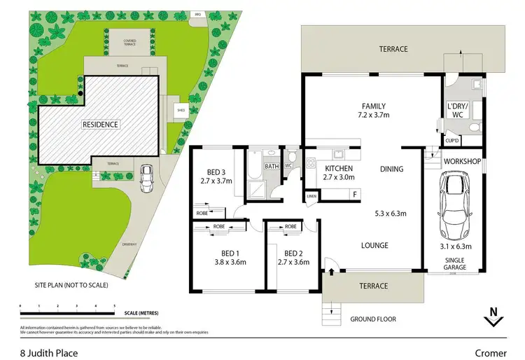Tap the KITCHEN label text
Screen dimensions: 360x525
(339, 169)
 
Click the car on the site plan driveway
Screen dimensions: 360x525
(147, 180)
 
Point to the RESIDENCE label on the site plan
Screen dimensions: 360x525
(101, 125)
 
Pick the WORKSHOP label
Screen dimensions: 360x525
(461, 162)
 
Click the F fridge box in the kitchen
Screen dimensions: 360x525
(355, 194)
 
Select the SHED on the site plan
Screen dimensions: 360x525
(180, 110)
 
